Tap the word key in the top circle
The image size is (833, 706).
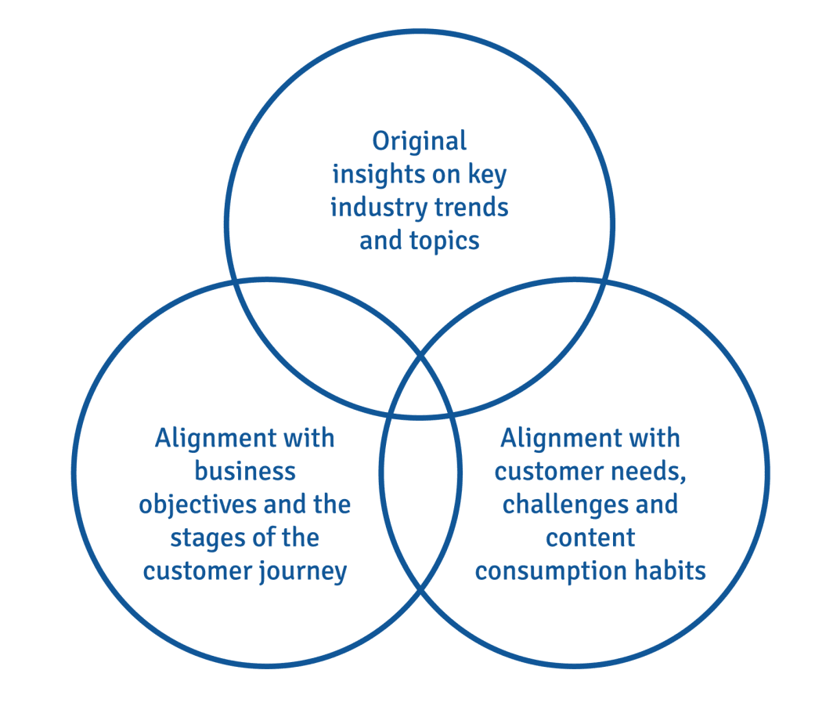click(x=487, y=175)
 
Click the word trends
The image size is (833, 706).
click(x=471, y=208)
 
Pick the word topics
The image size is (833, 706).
click(x=445, y=241)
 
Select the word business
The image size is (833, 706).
click(x=245, y=472)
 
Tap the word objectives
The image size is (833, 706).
click(x=197, y=505)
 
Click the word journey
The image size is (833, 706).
click(x=303, y=572)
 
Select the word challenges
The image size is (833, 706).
click(x=564, y=505)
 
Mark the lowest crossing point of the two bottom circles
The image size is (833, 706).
click(x=420, y=589)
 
